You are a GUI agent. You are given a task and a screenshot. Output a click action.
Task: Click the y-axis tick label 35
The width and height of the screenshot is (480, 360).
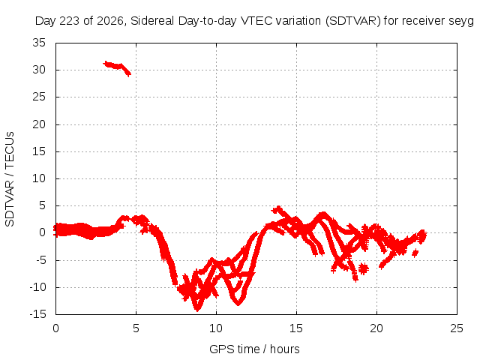click(39, 43)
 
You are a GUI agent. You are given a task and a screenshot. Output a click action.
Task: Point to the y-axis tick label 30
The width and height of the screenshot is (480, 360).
click(39, 70)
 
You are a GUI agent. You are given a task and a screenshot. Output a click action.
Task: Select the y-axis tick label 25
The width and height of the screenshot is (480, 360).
click(39, 97)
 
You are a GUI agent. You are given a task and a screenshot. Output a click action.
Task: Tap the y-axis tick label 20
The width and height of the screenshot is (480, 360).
click(39, 124)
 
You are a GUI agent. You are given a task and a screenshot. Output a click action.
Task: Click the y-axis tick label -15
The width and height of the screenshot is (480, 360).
click(37, 314)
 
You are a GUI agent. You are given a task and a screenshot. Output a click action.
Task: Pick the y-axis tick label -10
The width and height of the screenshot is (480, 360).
click(37, 287)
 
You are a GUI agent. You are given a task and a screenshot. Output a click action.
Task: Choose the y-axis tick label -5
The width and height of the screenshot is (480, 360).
click(40, 260)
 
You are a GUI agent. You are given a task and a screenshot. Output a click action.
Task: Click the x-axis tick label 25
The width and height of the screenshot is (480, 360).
click(457, 328)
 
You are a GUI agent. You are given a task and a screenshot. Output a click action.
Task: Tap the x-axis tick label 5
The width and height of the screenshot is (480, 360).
click(136, 328)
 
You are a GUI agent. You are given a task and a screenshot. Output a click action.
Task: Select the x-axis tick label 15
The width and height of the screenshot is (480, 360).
click(296, 328)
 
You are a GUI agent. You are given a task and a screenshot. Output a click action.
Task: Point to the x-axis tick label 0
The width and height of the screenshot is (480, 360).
click(55, 328)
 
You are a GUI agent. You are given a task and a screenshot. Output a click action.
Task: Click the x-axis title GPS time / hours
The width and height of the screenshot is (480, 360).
click(254, 349)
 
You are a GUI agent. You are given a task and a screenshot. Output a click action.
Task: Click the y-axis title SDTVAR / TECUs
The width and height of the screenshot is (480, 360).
click(10, 179)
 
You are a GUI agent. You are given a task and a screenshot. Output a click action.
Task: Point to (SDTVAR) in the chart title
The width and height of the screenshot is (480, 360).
click(353, 21)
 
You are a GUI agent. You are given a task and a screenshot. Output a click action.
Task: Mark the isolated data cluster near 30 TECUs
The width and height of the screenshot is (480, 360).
click(117, 68)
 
